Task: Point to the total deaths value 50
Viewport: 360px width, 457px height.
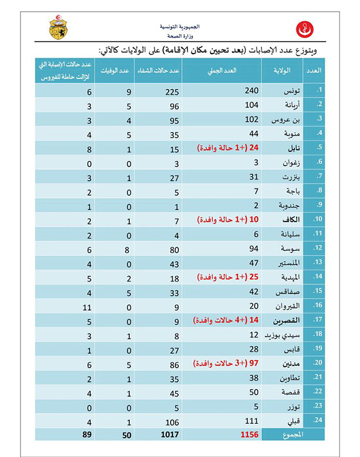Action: point(127,435)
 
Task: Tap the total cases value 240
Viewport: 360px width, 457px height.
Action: point(252,90)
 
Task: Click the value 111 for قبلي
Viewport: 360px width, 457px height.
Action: point(252,420)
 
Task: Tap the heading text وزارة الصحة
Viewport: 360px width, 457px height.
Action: point(173,34)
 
